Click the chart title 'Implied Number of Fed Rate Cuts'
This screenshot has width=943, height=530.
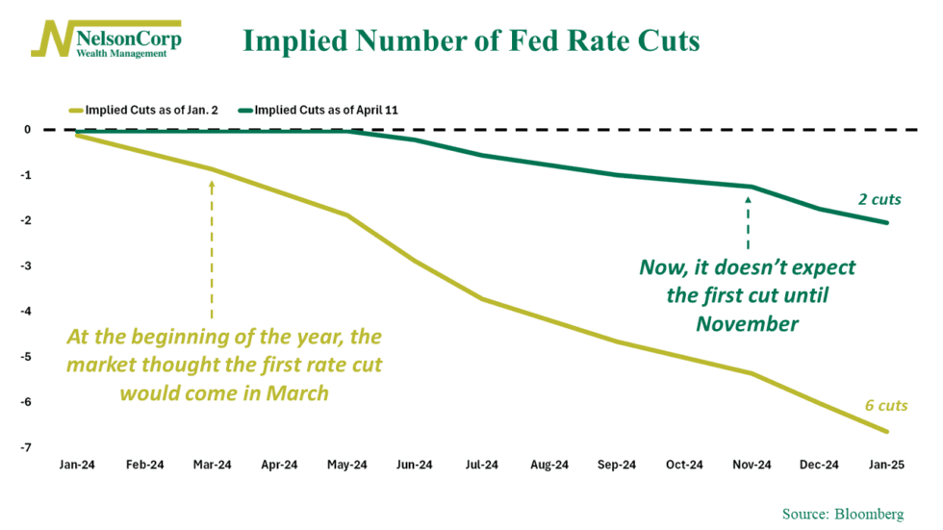(471, 41)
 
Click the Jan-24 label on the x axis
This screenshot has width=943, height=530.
(77, 466)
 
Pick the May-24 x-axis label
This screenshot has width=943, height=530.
(346, 466)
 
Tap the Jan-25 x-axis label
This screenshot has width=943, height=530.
(885, 466)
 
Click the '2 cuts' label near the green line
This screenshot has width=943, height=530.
(879, 200)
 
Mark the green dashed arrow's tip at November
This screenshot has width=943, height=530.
(748, 196)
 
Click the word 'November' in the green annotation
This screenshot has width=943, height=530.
(748, 324)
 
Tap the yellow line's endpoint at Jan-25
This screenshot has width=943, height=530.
(885, 432)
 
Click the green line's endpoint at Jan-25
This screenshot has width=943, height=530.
(885, 222)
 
